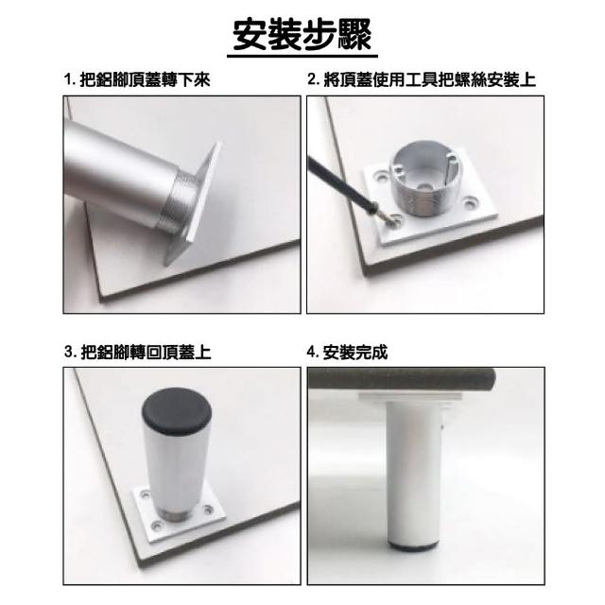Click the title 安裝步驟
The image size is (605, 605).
(x=302, y=35)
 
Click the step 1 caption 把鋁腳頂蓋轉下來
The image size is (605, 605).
(x=145, y=80)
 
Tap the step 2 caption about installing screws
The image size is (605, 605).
(x=429, y=79)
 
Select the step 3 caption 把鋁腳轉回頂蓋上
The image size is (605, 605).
(x=146, y=352)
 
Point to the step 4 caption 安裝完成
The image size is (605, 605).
(x=355, y=352)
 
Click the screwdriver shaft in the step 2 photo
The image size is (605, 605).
(x=338, y=183)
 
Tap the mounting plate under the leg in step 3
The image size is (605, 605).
(x=180, y=513)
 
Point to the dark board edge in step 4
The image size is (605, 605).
(x=401, y=379)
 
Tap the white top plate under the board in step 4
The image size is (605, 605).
(x=410, y=398)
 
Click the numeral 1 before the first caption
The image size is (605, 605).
(x=68, y=80)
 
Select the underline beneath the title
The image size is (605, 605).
(x=302, y=57)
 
